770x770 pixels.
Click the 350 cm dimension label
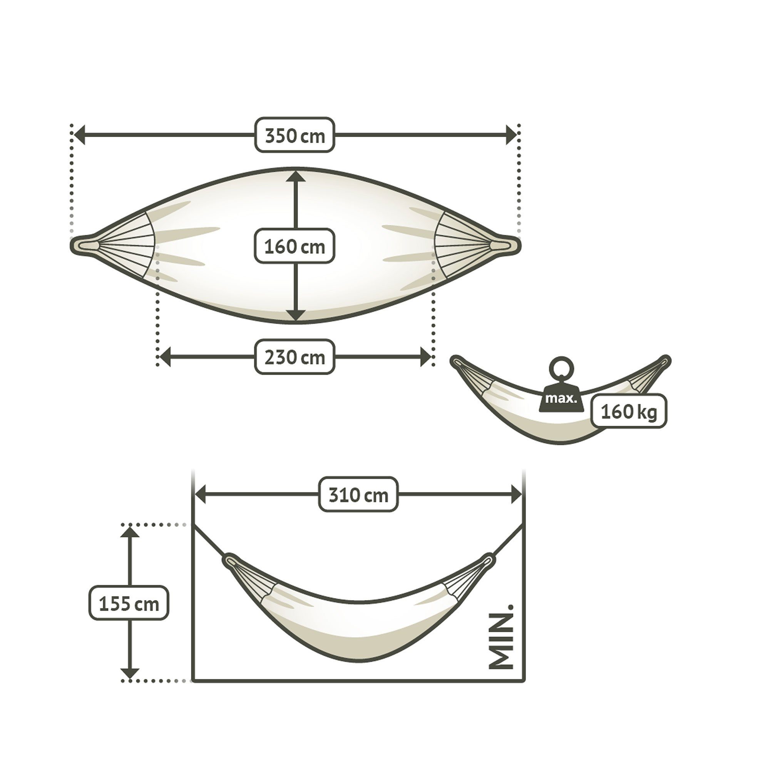(295, 135)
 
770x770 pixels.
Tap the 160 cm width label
(295, 246)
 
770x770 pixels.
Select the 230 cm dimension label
(295, 357)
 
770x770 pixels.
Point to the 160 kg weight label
(629, 411)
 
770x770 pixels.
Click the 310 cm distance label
(358, 495)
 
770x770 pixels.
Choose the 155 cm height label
(129, 603)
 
